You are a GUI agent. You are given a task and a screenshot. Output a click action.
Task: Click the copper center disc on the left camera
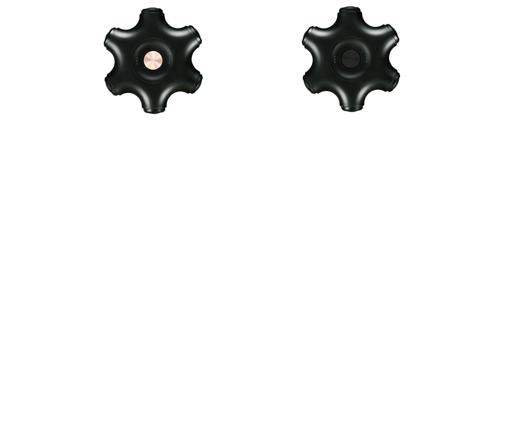tap(153, 61)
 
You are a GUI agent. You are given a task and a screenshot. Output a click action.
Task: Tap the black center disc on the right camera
tap(351, 59)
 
